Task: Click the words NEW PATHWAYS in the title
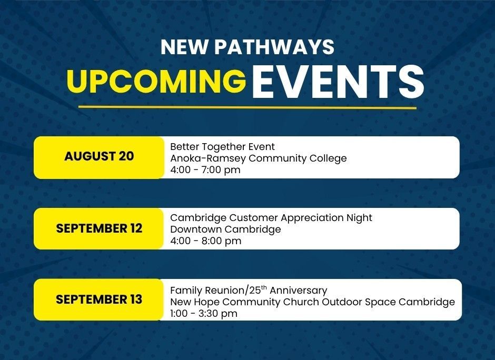(x=247, y=47)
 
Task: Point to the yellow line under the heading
(x=247, y=107)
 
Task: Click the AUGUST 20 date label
(x=99, y=156)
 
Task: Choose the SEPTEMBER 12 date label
(x=99, y=228)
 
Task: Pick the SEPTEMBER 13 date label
(x=99, y=299)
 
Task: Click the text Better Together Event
(x=222, y=147)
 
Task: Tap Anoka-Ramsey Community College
(x=258, y=158)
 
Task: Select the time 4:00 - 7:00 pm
(x=205, y=170)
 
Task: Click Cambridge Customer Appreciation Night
(x=271, y=218)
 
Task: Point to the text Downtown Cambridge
(x=225, y=229)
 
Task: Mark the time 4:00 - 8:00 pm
(x=205, y=241)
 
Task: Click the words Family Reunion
(x=207, y=291)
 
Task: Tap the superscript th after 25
(x=264, y=287)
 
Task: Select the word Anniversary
(x=299, y=291)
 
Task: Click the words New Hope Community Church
(x=245, y=302)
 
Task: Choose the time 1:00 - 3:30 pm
(x=204, y=314)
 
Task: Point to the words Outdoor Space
(x=359, y=302)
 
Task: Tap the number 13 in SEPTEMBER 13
(x=135, y=299)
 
